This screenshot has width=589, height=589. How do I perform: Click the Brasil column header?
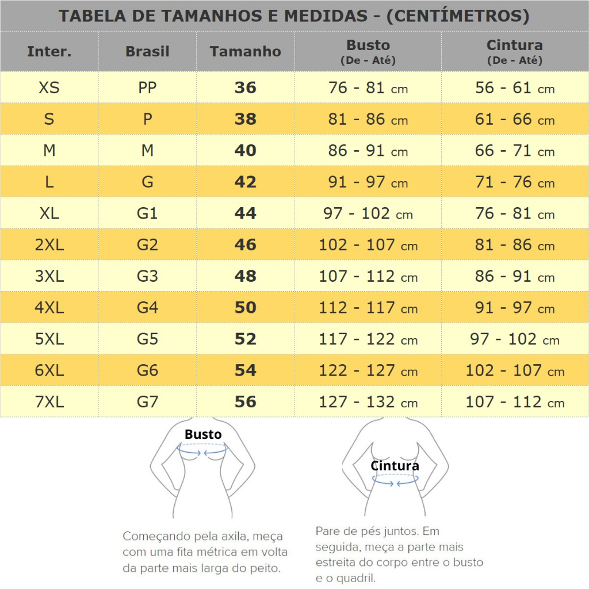tap(147, 52)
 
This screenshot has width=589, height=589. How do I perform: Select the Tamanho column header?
tap(245, 52)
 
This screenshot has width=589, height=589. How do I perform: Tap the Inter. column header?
tap(49, 52)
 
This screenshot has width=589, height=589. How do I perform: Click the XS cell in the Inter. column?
tap(49, 88)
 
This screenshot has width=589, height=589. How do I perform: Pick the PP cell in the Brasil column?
tap(147, 88)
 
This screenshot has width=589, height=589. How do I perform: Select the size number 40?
tap(245, 151)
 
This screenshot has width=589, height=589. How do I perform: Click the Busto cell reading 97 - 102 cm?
tap(368, 213)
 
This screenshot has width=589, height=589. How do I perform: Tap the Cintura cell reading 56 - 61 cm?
tap(515, 88)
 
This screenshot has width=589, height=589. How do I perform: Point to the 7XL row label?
tap(49, 401)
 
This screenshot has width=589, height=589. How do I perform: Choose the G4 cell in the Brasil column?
tap(147, 308)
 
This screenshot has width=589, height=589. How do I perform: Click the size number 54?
tap(245, 370)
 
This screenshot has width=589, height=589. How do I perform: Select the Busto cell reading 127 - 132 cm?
tap(368, 401)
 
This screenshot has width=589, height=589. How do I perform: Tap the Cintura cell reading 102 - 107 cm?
tap(515, 370)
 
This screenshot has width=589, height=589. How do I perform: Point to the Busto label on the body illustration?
tap(203, 434)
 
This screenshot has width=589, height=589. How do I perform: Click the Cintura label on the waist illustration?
tap(395, 466)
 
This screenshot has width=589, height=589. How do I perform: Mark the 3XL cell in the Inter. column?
tap(49, 276)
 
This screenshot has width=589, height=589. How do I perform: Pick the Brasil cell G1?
tap(147, 213)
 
